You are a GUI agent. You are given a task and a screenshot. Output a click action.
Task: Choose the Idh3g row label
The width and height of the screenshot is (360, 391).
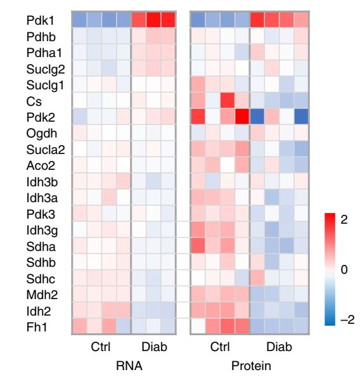39,230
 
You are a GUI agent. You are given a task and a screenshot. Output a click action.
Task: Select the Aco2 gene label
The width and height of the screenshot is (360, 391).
37,165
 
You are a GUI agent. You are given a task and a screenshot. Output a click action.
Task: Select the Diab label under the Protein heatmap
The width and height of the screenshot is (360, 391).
279,347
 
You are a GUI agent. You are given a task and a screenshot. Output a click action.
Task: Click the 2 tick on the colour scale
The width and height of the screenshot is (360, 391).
345,219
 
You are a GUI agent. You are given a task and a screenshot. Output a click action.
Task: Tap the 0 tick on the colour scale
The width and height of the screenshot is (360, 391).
345,269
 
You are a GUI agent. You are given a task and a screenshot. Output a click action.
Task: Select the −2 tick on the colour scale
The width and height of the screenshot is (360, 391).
347,319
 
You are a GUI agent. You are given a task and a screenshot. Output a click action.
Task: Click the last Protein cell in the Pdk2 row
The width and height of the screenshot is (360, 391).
300,117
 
